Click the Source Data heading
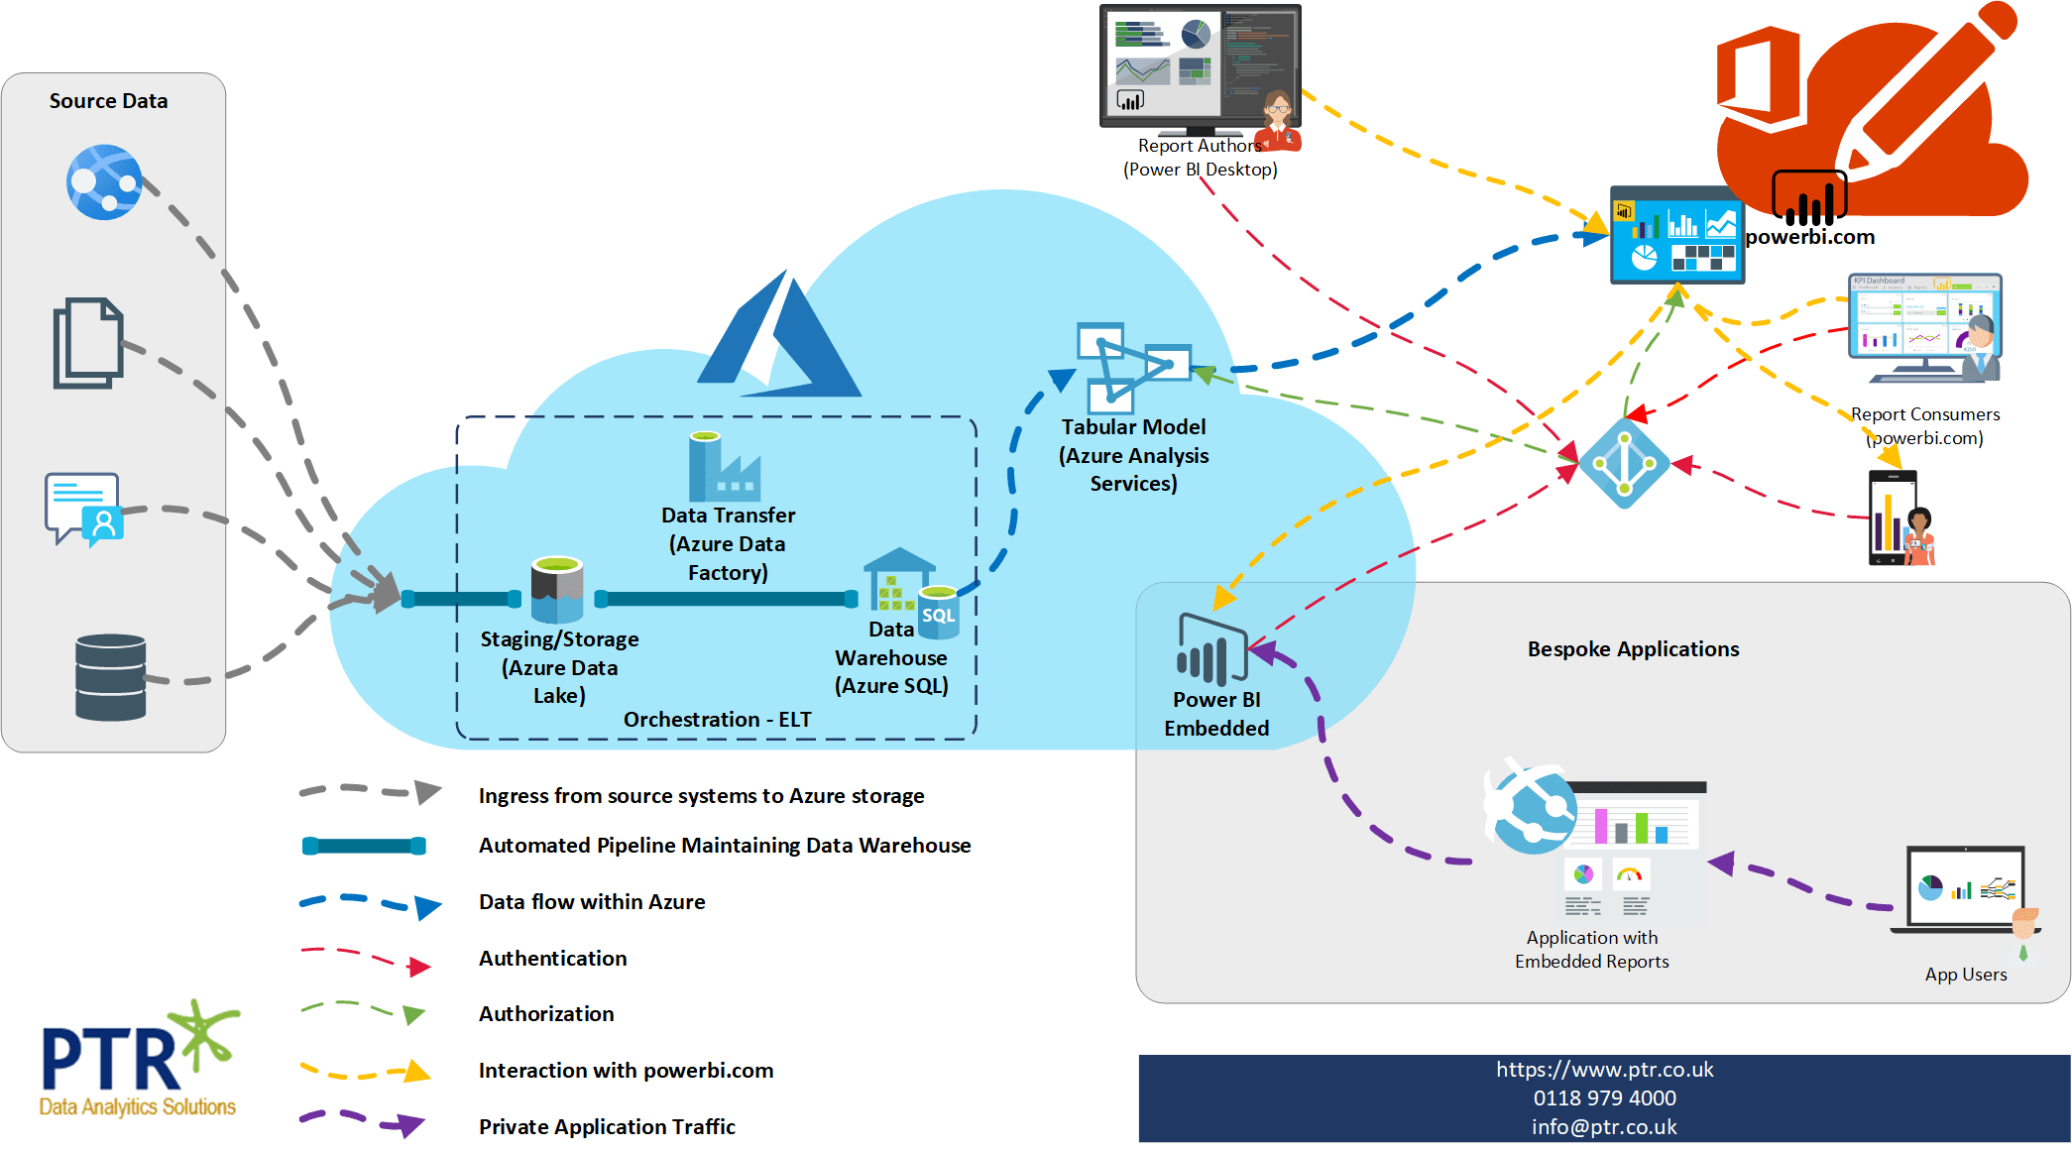108,101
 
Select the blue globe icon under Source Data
104,182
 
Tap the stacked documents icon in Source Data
88,343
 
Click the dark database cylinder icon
110,677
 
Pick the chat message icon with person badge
83,509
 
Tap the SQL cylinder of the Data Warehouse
938,612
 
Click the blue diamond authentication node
1624,463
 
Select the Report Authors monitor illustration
1200,69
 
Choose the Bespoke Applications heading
1633,649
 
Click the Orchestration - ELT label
717,720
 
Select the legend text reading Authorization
546,1014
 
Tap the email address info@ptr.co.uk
1604,1127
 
